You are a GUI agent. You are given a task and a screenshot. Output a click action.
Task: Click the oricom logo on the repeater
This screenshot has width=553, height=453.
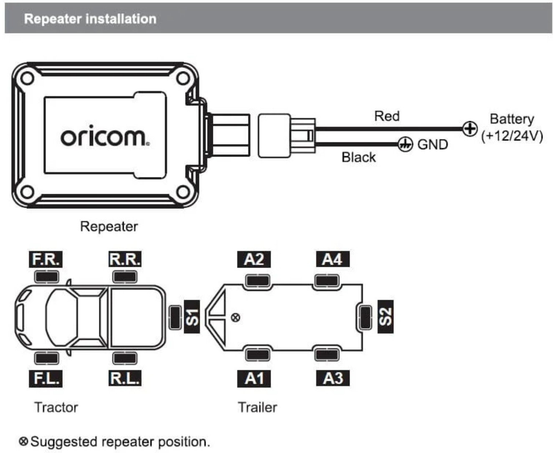click(x=104, y=137)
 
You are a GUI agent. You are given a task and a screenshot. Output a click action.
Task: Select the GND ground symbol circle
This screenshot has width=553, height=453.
click(x=404, y=144)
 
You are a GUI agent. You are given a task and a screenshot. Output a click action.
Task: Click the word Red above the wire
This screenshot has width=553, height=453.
click(x=387, y=116)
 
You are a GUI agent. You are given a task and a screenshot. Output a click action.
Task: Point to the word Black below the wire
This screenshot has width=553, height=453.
click(x=358, y=157)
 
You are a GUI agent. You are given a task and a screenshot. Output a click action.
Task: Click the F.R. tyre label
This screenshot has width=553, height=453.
click(x=46, y=259)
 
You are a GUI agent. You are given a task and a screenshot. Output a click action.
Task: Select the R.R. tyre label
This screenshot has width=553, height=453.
click(x=124, y=259)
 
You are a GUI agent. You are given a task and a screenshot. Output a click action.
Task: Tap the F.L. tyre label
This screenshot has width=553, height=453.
click(x=46, y=378)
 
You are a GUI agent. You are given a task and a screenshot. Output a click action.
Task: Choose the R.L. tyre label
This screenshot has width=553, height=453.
click(x=124, y=378)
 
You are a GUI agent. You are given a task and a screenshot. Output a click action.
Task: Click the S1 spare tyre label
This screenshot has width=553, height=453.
click(x=192, y=317)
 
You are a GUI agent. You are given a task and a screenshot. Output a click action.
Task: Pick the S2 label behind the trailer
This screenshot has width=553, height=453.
click(x=386, y=317)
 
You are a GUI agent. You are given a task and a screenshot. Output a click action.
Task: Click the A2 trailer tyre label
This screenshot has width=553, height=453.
click(x=254, y=259)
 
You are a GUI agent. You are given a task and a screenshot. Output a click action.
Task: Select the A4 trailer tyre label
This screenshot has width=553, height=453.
click(x=332, y=259)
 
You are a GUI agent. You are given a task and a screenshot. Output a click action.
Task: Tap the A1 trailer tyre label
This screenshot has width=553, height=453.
click(x=254, y=378)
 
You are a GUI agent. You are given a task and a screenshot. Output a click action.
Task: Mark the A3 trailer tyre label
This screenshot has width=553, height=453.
click(x=332, y=378)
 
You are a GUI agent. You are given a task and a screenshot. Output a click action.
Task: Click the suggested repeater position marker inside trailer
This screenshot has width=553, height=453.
click(x=236, y=318)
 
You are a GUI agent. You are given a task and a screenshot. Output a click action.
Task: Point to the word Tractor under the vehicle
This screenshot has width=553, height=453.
click(x=56, y=407)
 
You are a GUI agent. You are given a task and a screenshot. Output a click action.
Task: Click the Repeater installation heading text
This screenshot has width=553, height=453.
click(x=90, y=19)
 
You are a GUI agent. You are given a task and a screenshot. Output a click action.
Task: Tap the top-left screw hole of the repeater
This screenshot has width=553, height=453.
click(x=28, y=78)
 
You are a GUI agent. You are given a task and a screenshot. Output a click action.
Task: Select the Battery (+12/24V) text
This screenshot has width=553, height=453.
click(x=512, y=127)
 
